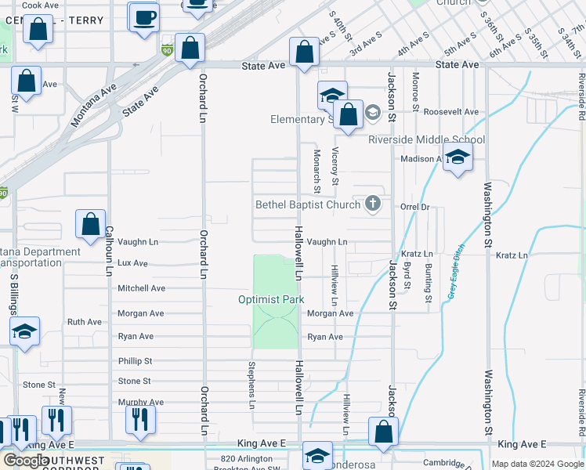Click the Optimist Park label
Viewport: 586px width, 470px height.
pyautogui.click(x=270, y=300)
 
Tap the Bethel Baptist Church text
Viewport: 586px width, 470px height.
pyautogui.click(x=308, y=205)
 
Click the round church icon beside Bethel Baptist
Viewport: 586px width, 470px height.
pyautogui.click(x=373, y=205)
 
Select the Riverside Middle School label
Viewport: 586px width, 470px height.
pyautogui.click(x=426, y=140)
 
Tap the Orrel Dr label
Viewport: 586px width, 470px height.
pyautogui.click(x=415, y=208)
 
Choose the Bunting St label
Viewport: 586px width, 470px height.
pyautogui.click(x=428, y=283)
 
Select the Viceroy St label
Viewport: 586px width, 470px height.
pyautogui.click(x=335, y=165)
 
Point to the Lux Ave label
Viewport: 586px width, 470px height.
pyautogui.click(x=132, y=264)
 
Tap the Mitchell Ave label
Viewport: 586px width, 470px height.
pyautogui.click(x=141, y=288)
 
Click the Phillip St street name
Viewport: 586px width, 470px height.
pyautogui.click(x=135, y=361)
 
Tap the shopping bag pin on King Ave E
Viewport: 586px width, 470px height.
pyautogui.click(x=383, y=432)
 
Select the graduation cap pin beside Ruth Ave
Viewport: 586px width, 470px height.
pyautogui.click(x=24, y=332)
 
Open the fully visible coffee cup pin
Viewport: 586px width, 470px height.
pyautogui.click(x=144, y=18)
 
